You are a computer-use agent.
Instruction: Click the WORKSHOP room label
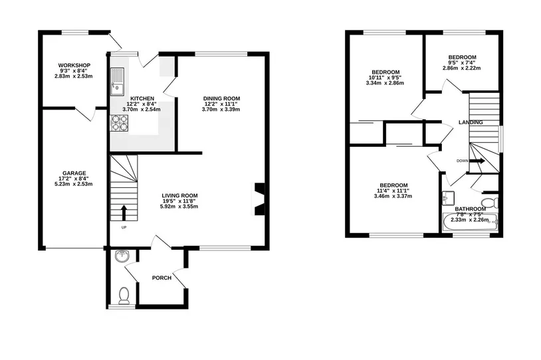pos(74,65)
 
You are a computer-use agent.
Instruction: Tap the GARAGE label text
pos(74,173)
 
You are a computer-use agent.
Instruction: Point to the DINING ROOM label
pos(221,98)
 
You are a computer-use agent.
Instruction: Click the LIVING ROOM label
pos(179,196)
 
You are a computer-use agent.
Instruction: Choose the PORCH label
pos(162,278)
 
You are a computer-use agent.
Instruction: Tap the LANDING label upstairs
pos(471,122)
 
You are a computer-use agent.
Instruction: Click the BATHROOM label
pos(471,209)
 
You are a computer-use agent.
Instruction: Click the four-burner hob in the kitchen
pos(119,123)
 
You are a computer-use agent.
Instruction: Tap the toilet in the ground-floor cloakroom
pos(124,296)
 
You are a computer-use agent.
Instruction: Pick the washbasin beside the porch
pos(122,256)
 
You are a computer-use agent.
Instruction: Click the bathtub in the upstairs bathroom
pos(471,222)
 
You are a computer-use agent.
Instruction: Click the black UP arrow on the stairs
pos(124,213)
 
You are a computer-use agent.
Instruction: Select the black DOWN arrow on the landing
pos(478,161)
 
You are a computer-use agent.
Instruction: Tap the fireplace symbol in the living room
pos(259,199)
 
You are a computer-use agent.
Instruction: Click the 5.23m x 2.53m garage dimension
pos(74,184)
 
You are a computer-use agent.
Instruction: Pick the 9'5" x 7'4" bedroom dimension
pos(462,62)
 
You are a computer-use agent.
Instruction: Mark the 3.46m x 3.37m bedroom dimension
pos(393,196)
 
